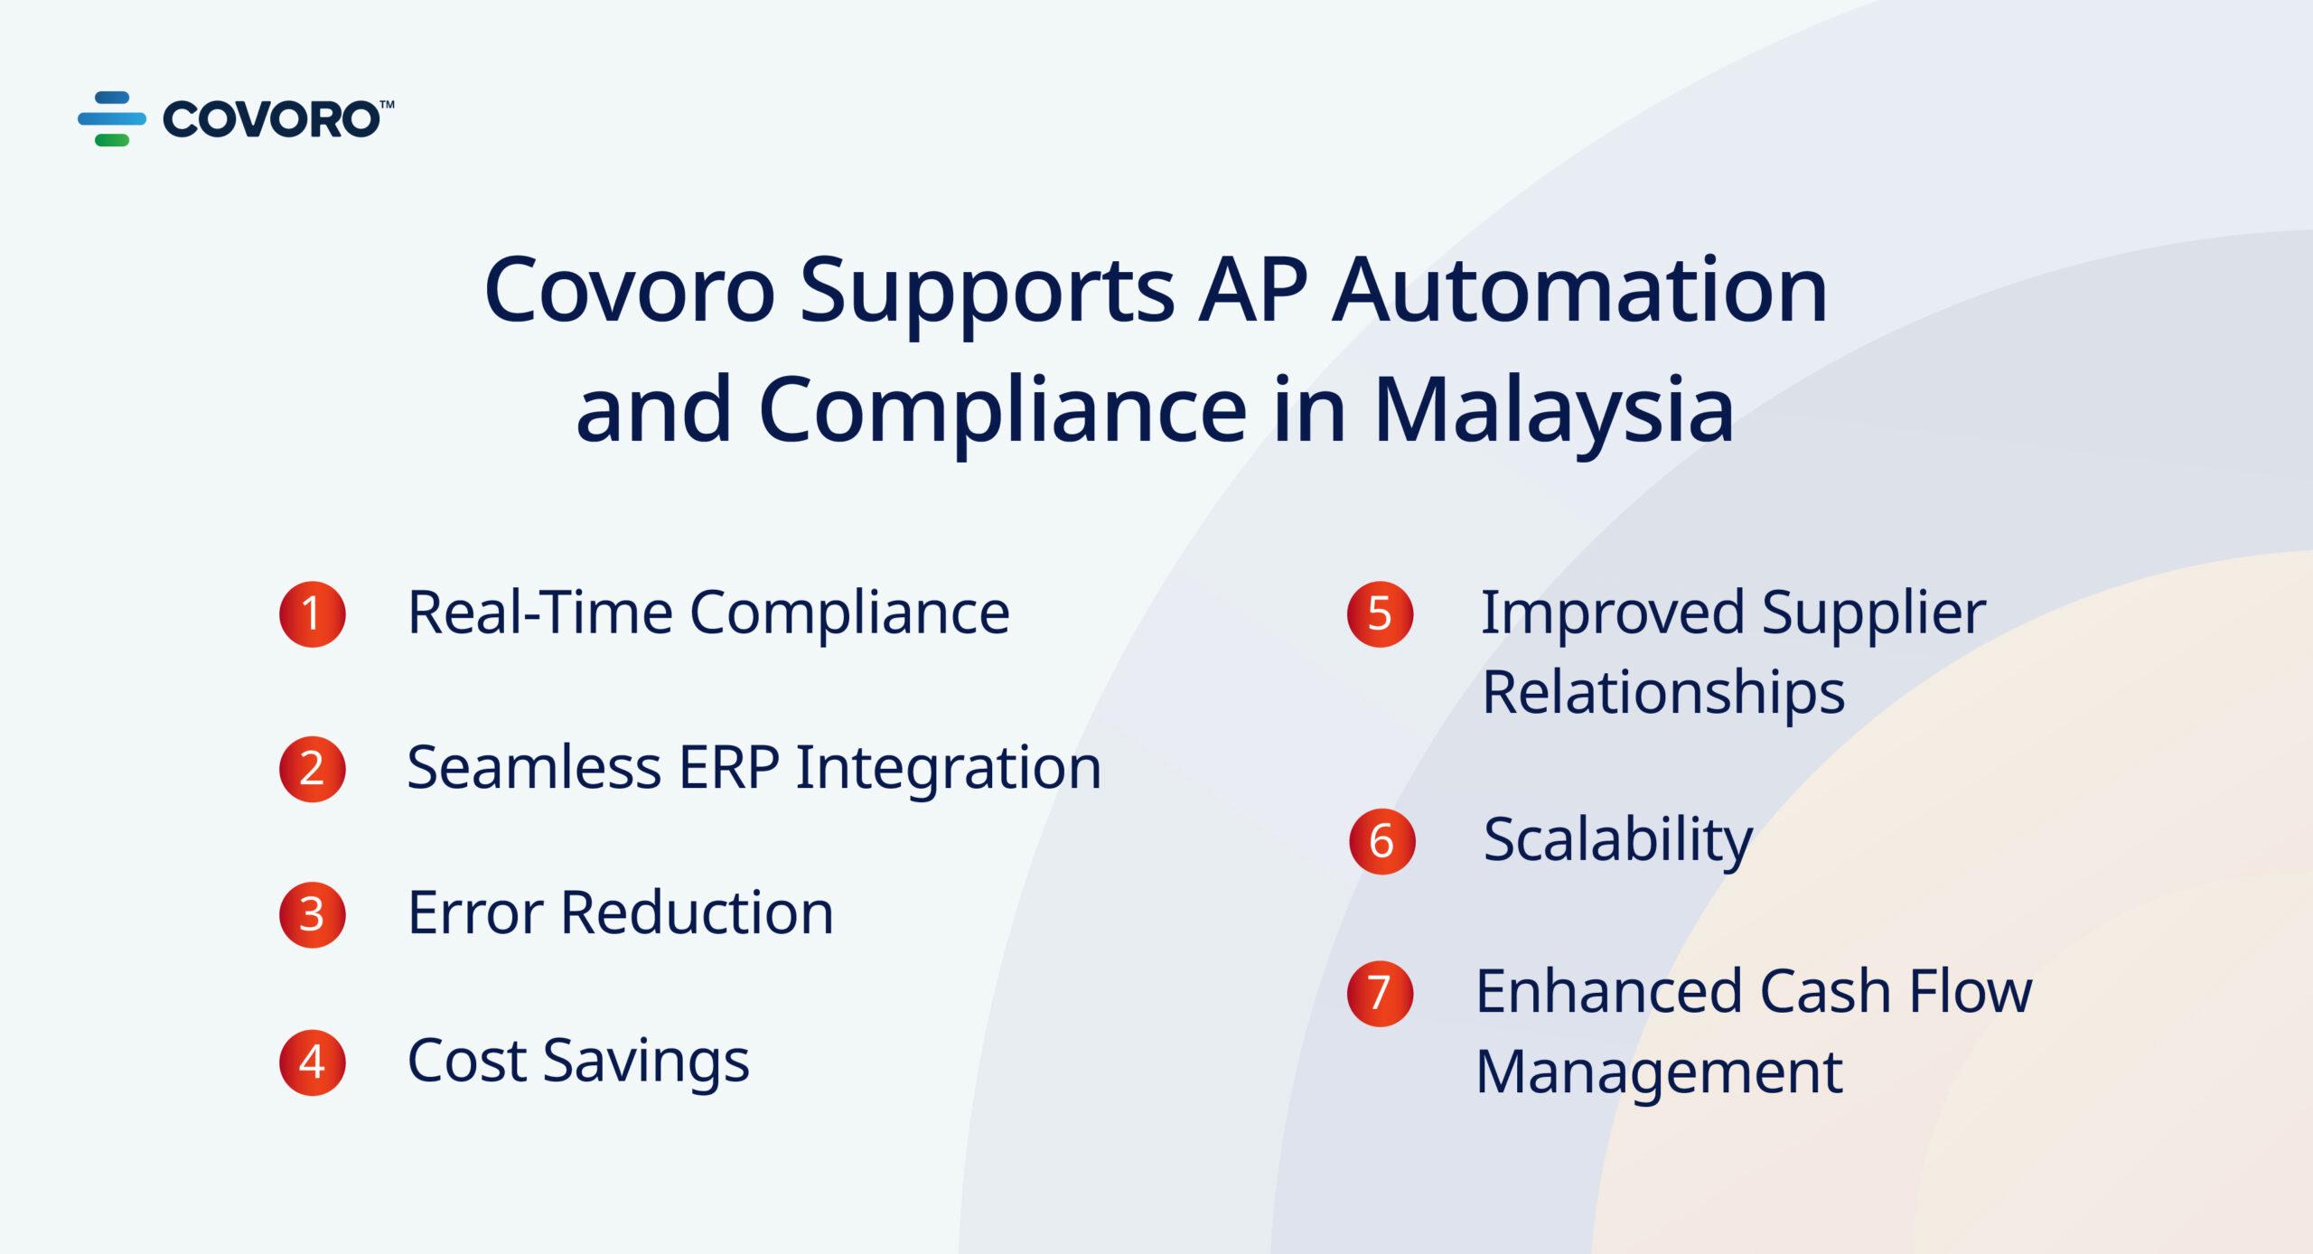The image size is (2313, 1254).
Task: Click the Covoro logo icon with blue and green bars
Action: pyautogui.click(x=112, y=118)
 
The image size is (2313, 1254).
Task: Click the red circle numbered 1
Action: pyautogui.click(x=313, y=614)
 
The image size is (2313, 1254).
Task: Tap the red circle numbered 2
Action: pyautogui.click(x=313, y=770)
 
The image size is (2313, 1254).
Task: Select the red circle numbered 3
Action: pyautogui.click(x=313, y=915)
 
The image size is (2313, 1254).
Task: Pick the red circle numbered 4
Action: pyautogui.click(x=313, y=1063)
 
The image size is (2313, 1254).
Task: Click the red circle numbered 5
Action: pyautogui.click(x=1380, y=614)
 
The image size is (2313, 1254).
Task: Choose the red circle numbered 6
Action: pyautogui.click(x=1381, y=841)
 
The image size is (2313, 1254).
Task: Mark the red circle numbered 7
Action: pyautogui.click(x=1380, y=993)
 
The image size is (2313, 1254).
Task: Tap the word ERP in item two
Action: pyautogui.click(x=728, y=768)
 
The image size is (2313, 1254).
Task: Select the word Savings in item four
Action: pyautogui.click(x=646, y=1062)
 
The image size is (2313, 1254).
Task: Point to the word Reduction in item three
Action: pyautogui.click(x=697, y=912)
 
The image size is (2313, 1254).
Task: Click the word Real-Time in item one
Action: pyautogui.click(x=540, y=613)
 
